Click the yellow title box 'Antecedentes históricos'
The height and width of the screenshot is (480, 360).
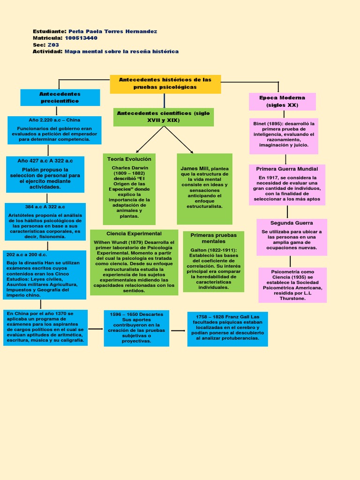[165, 84]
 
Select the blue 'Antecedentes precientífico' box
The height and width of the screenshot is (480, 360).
[60, 97]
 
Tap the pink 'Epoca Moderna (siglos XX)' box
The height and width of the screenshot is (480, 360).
[282, 102]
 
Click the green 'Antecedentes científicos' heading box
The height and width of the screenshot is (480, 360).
[163, 117]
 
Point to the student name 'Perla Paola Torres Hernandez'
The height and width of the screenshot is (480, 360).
[112, 31]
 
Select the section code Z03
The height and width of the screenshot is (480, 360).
[53, 45]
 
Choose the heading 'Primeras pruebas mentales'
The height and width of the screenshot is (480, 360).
[214, 238]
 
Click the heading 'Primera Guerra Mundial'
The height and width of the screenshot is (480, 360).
[287, 169]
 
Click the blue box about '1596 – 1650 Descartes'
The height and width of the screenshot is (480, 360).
[136, 328]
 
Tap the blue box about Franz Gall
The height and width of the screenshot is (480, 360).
[227, 329]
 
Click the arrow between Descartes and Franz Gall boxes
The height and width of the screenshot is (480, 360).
[178, 330]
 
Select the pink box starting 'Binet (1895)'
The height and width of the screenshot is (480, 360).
[284, 136]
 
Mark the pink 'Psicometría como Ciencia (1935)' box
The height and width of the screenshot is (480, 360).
[292, 285]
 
